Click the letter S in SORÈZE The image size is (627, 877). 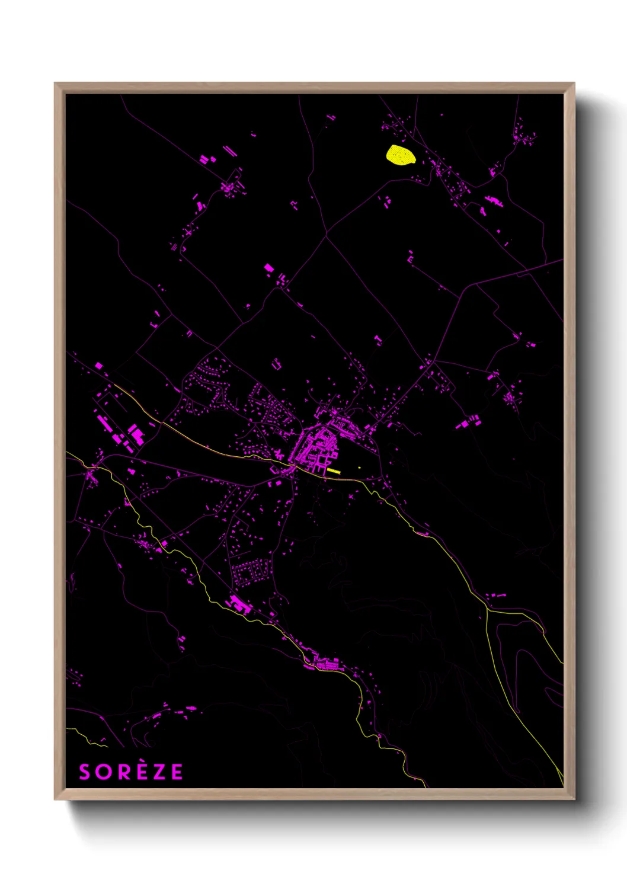(85, 772)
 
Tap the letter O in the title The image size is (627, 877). (102, 772)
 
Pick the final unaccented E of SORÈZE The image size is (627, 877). (177, 772)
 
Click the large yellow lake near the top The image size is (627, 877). (401, 155)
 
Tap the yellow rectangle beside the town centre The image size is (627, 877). (334, 471)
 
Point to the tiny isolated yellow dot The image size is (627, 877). (360, 468)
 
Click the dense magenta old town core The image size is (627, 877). (314, 447)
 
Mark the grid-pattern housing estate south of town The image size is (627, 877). (249, 572)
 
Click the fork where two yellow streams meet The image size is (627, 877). (487, 609)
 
